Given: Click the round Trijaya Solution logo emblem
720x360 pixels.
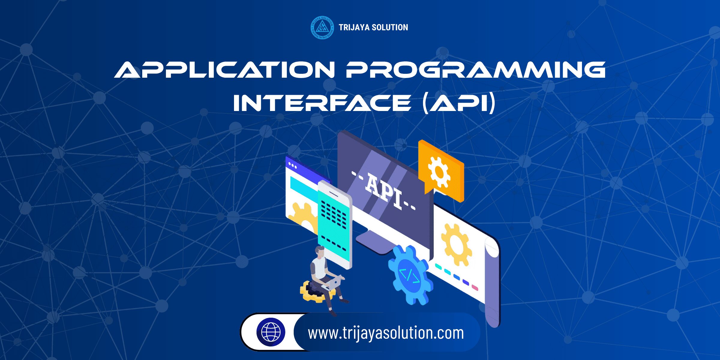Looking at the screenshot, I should [322, 28].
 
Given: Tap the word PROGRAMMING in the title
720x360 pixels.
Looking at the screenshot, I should [475, 70].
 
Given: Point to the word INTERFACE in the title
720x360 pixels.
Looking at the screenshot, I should [322, 103].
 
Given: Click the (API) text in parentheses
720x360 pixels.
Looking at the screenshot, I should [458, 103].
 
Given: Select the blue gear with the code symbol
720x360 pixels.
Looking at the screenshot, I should [409, 274].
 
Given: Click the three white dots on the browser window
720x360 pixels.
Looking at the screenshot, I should [292, 165].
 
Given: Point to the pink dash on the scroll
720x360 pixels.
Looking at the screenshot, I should [475, 288].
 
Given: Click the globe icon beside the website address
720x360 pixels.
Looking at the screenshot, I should [271, 332].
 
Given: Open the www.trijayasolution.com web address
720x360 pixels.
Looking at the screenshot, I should [386, 333].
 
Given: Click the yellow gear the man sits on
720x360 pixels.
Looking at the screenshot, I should [310, 292].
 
